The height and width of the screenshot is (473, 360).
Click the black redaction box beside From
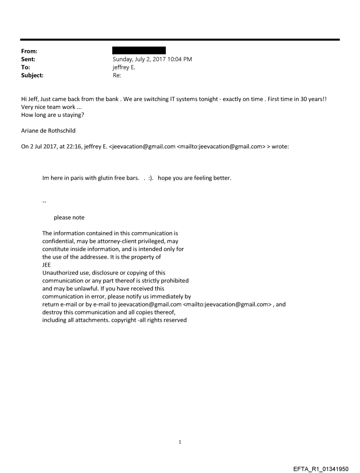(x=139, y=50)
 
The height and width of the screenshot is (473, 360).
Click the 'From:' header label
(x=29, y=51)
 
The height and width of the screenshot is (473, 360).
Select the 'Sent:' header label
(x=28, y=59)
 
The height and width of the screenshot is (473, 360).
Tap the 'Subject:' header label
(x=32, y=75)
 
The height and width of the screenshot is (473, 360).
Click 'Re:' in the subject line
(x=117, y=75)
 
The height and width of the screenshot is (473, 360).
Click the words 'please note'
(x=69, y=217)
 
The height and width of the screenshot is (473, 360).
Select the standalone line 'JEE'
(x=46, y=265)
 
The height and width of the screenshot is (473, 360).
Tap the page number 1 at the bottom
(x=180, y=442)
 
